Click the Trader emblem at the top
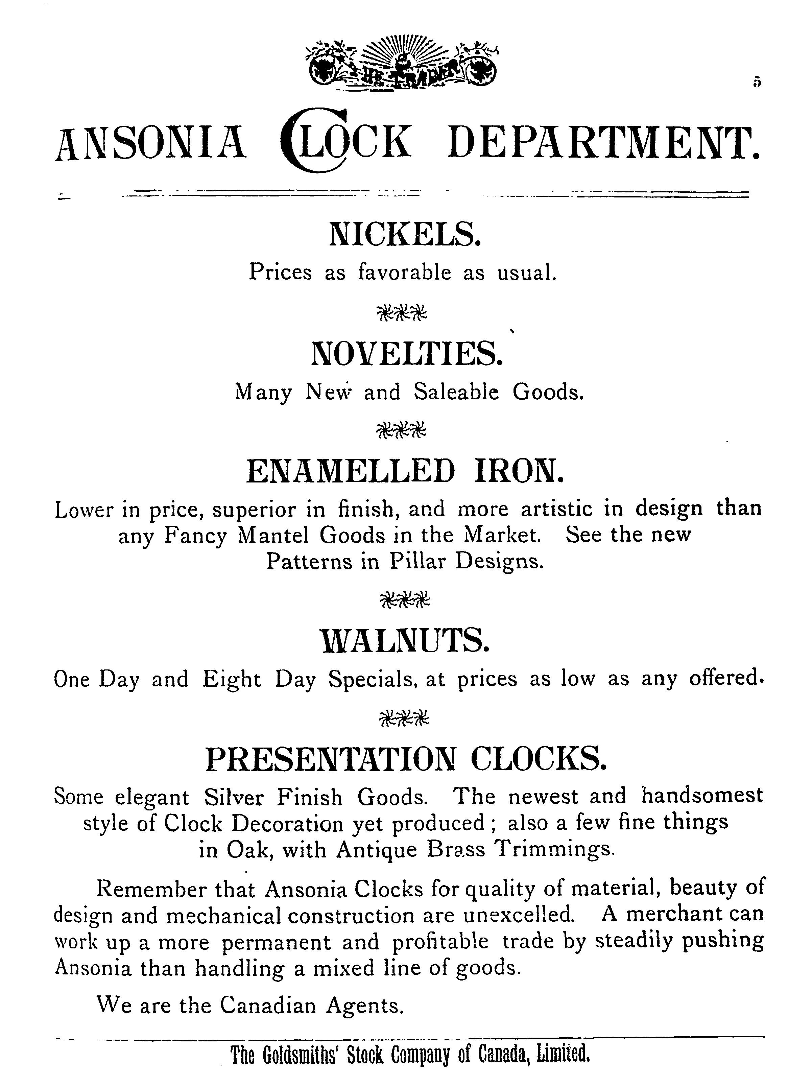pyautogui.click(x=402, y=64)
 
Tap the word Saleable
pyautogui.click(x=456, y=392)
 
